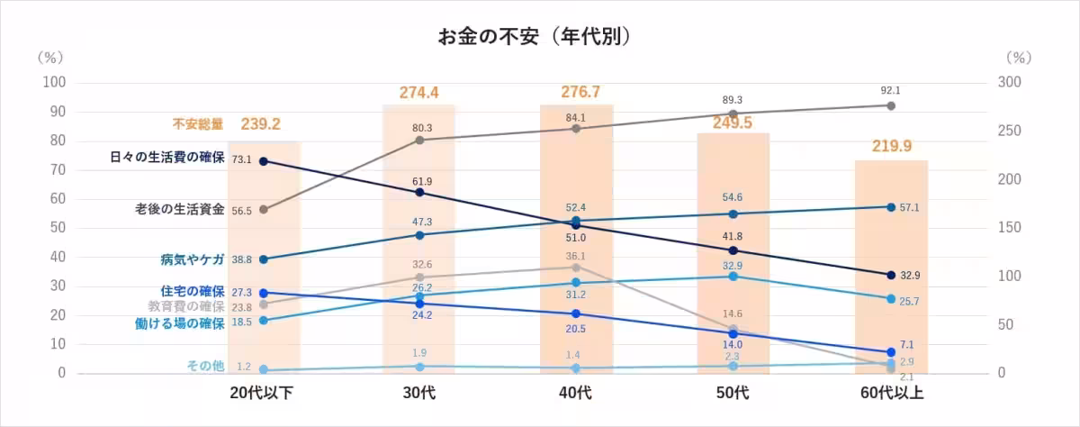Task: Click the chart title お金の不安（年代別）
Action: [533, 37]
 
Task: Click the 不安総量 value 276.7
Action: [576, 92]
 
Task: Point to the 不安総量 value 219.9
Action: [891, 147]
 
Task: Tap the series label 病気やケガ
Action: [187, 259]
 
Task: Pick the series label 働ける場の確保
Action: [179, 323]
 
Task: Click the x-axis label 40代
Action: [576, 393]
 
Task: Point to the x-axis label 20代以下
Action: [262, 393]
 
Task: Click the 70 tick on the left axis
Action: [58, 169]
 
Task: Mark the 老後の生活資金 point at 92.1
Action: [891, 105]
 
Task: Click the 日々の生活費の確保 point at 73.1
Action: [263, 160]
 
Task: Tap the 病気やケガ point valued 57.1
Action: [891, 207]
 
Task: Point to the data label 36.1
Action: [575, 256]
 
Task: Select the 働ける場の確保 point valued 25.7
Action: [891, 298]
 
